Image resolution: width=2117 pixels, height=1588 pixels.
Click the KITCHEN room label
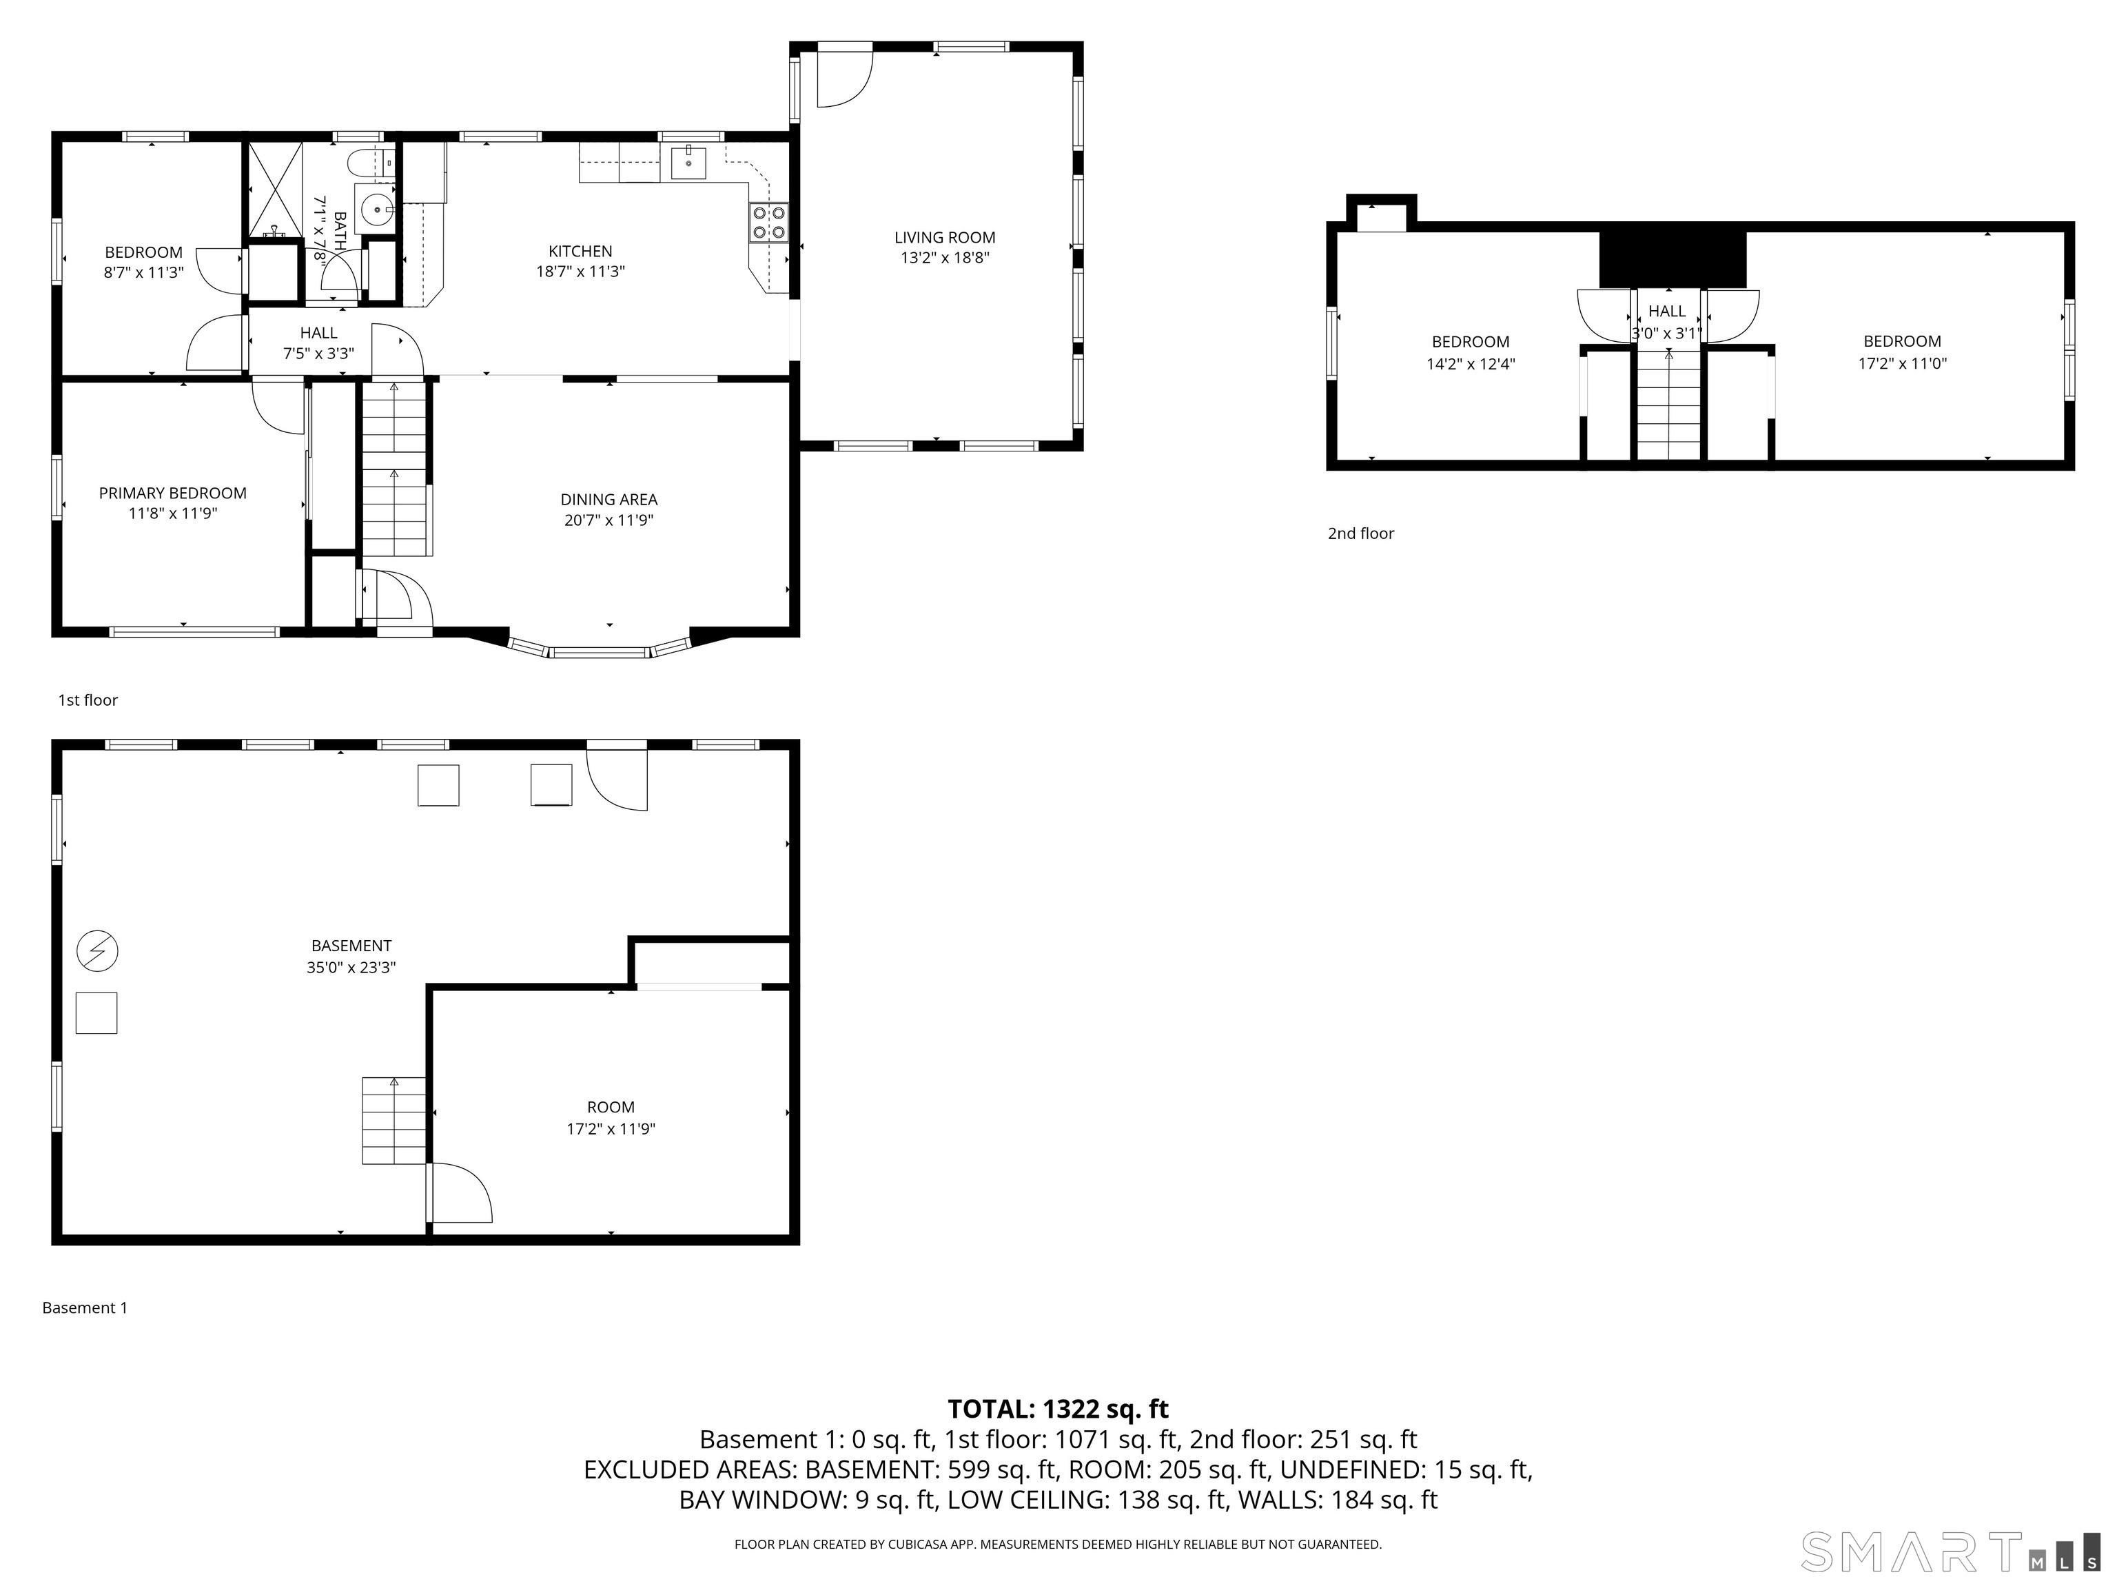pyautogui.click(x=580, y=251)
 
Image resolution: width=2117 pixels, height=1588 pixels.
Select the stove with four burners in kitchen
pyautogui.click(x=768, y=222)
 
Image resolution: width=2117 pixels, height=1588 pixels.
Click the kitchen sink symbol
pyautogui.click(x=688, y=163)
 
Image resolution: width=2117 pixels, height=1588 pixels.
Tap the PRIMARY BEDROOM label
pyautogui.click(x=172, y=493)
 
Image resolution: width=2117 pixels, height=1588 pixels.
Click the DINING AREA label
pyautogui.click(x=608, y=499)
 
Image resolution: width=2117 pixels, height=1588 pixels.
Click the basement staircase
pyautogui.click(x=393, y=1120)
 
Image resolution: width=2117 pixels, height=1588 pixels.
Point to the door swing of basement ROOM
pyautogui.click(x=462, y=1192)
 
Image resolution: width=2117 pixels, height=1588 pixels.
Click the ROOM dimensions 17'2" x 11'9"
pyautogui.click(x=611, y=1128)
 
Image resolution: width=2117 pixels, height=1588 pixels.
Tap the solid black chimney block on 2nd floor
pyautogui.click(x=1672, y=258)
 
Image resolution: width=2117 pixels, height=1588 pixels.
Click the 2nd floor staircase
pyautogui.click(x=1669, y=405)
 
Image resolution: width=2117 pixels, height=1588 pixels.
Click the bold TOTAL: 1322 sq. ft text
pyautogui.click(x=1058, y=1409)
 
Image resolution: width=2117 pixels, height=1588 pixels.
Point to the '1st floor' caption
pyautogui.click(x=88, y=700)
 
